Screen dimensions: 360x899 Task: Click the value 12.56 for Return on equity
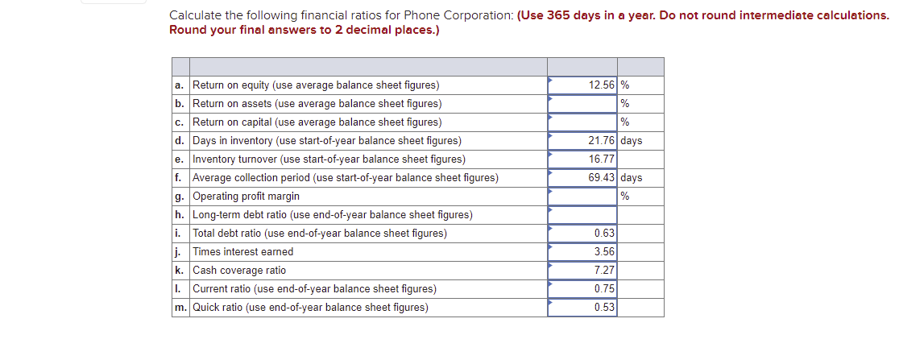pyautogui.click(x=602, y=85)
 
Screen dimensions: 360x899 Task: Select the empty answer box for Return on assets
pyautogui.click(x=582, y=104)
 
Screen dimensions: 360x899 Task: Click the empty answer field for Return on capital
pyautogui.click(x=582, y=122)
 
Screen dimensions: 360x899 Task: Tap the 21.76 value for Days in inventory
pyautogui.click(x=602, y=141)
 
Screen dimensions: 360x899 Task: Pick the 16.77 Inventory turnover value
pyautogui.click(x=602, y=159)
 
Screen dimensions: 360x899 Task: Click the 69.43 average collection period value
pyautogui.click(x=602, y=178)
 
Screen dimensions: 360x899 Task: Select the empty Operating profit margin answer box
pyautogui.click(x=582, y=197)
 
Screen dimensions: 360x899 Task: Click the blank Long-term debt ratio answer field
pyautogui.click(x=582, y=215)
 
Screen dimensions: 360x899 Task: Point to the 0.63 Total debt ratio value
pyautogui.click(x=604, y=234)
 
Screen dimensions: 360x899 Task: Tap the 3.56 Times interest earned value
pyautogui.click(x=604, y=252)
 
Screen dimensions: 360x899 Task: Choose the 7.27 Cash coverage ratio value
pyautogui.click(x=604, y=271)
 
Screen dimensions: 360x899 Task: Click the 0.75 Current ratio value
pyautogui.click(x=604, y=289)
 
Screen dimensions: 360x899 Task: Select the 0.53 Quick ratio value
pyautogui.click(x=604, y=308)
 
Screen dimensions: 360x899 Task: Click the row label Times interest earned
pyautogui.click(x=243, y=252)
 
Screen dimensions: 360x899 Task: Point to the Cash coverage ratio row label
pyautogui.click(x=239, y=271)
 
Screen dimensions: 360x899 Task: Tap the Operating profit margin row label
pyautogui.click(x=246, y=197)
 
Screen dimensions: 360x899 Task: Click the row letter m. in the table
pyautogui.click(x=181, y=308)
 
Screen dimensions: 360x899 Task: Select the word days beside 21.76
pyautogui.click(x=632, y=141)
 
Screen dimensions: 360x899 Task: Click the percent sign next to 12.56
pyautogui.click(x=624, y=85)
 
